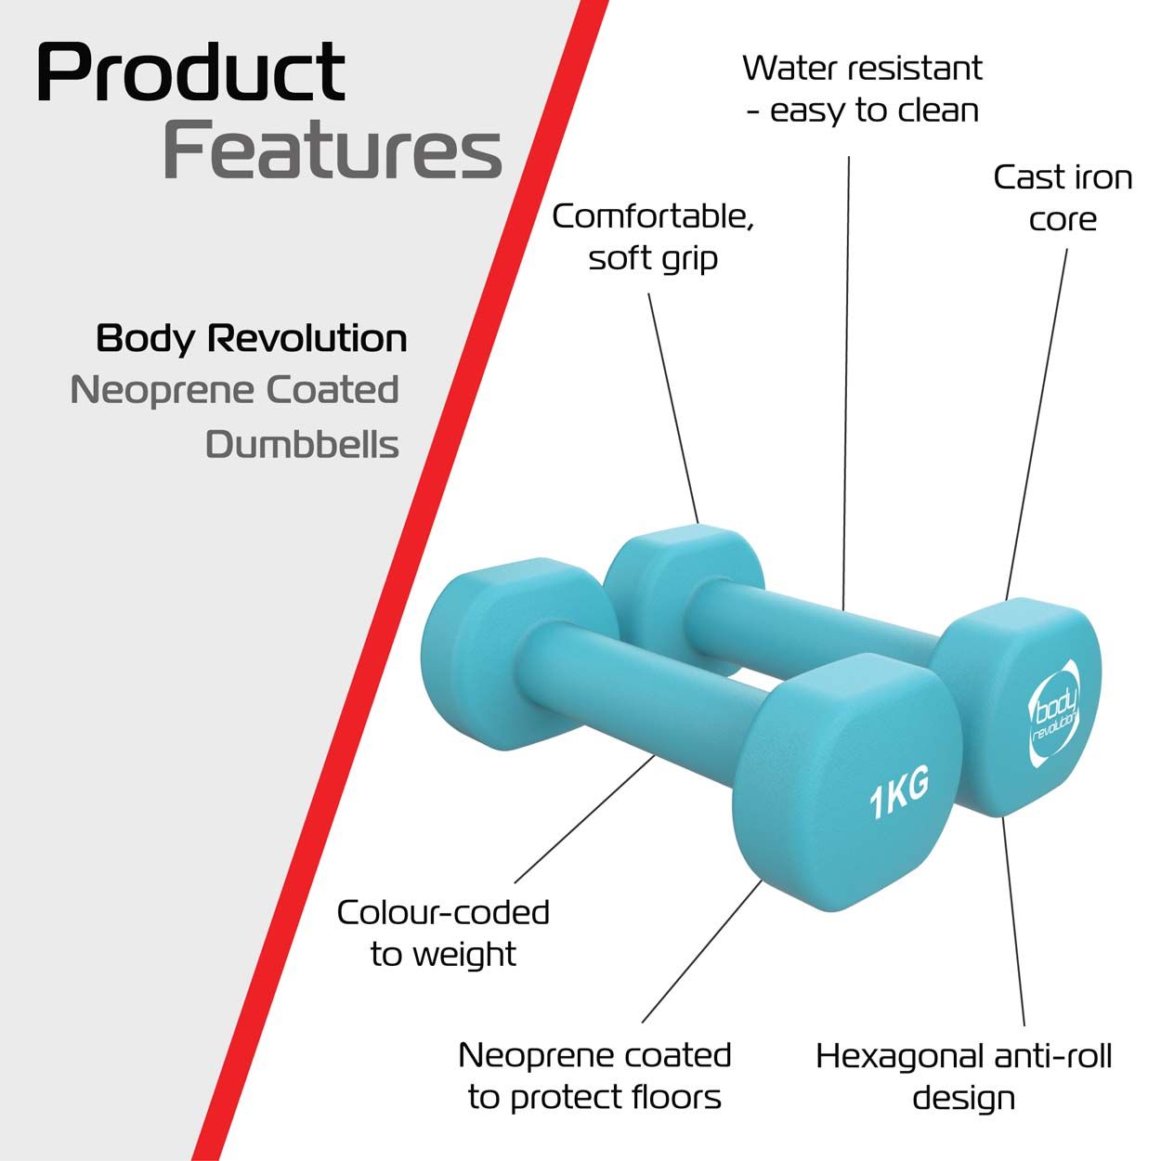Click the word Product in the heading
pos(191,72)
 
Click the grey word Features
pos(332,149)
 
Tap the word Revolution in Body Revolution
pos(307,338)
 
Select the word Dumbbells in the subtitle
pos(302,445)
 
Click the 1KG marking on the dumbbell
pos(898,792)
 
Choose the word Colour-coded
pos(443,912)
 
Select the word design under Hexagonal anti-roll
pos(963,1098)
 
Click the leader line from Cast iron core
pos(1037,424)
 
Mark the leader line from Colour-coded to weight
pos(584,819)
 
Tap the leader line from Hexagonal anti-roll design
pos(1013,921)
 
